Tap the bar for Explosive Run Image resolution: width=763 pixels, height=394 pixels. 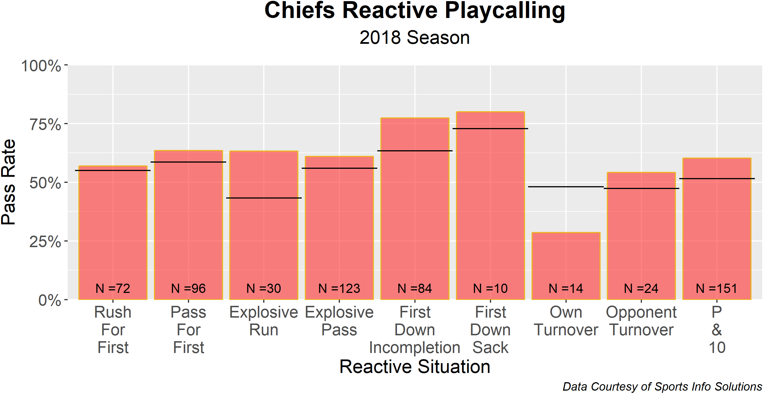pos(264,237)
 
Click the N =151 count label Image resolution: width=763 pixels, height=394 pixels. pos(716,288)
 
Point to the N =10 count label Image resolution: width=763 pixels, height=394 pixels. pos(490,288)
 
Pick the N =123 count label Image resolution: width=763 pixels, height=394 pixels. pos(339,288)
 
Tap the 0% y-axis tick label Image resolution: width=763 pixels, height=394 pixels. pos(50,300)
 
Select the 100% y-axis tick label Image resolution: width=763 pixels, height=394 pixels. pos(41,66)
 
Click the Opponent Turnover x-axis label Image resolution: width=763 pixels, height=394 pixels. pos(641,321)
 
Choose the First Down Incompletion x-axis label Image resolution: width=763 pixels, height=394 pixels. pos(415,330)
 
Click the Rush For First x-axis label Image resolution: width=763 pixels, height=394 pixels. pos(113,330)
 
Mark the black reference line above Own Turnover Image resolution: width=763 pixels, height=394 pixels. pos(566,187)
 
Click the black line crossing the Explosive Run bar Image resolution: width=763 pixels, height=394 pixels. pos(264,198)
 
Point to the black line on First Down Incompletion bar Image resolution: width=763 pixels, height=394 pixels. pos(415,151)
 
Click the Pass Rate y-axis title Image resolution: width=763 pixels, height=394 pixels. pos(8,182)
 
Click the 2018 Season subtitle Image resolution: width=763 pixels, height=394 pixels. pos(415,38)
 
